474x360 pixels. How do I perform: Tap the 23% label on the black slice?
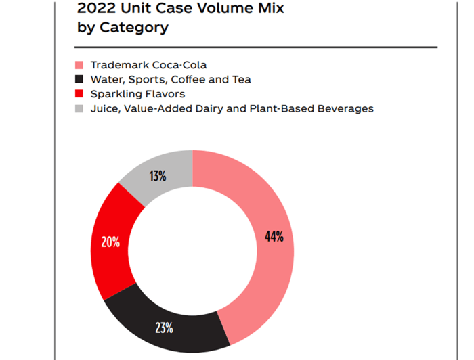164,328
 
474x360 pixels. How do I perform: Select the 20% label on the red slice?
110,242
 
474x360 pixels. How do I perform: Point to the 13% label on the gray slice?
158,177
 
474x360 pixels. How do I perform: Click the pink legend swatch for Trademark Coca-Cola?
79,66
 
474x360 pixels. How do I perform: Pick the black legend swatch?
79,80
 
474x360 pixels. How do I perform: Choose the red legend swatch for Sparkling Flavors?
79,94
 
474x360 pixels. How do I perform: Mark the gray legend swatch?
79,108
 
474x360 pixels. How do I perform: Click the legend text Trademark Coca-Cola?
148,66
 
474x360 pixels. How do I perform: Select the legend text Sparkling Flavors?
137,94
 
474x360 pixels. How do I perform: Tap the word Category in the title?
134,28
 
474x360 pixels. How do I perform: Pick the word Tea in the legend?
241,80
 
